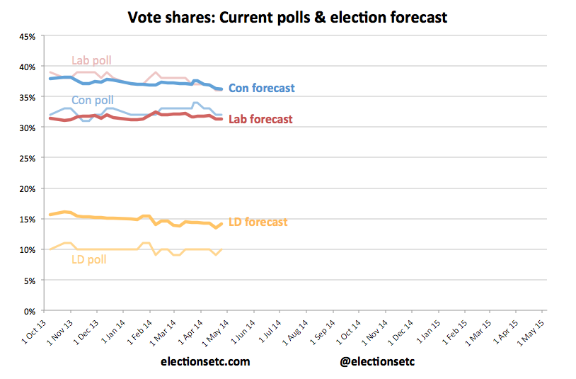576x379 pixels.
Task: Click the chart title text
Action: coord(287,17)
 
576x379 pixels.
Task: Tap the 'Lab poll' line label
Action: coord(92,60)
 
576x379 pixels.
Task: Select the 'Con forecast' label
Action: coord(262,89)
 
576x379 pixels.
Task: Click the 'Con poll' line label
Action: coord(92,100)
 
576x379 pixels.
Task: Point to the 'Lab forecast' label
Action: coord(260,119)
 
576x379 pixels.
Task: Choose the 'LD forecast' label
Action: coord(258,222)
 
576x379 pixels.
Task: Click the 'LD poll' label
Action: coord(89,259)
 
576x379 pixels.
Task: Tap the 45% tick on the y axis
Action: coord(25,36)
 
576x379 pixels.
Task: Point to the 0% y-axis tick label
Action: coord(28,311)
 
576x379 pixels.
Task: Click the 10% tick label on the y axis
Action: coord(25,250)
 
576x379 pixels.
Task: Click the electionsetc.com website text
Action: coord(205,361)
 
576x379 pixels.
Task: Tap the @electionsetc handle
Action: coord(378,361)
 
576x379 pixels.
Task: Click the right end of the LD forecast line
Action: coord(222,224)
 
